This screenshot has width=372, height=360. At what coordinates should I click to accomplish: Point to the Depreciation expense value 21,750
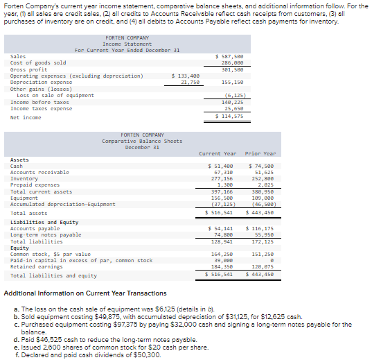[x=190, y=82]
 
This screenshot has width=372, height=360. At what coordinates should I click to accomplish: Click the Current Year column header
[x=218, y=153]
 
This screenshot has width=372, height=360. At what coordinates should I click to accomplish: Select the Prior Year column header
[x=261, y=153]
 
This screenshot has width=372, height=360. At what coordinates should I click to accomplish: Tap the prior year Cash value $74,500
[x=261, y=166]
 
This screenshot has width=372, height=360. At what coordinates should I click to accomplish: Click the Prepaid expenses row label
[x=35, y=185]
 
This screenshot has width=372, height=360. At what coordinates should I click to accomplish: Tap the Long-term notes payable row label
[x=46, y=234]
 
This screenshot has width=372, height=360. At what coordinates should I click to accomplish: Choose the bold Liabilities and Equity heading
[x=44, y=222]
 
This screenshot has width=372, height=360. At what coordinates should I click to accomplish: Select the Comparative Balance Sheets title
[x=141, y=142]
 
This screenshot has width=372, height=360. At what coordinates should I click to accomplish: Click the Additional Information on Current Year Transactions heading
[x=85, y=293]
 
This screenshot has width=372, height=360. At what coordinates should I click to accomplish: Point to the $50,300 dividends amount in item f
[x=147, y=354]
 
